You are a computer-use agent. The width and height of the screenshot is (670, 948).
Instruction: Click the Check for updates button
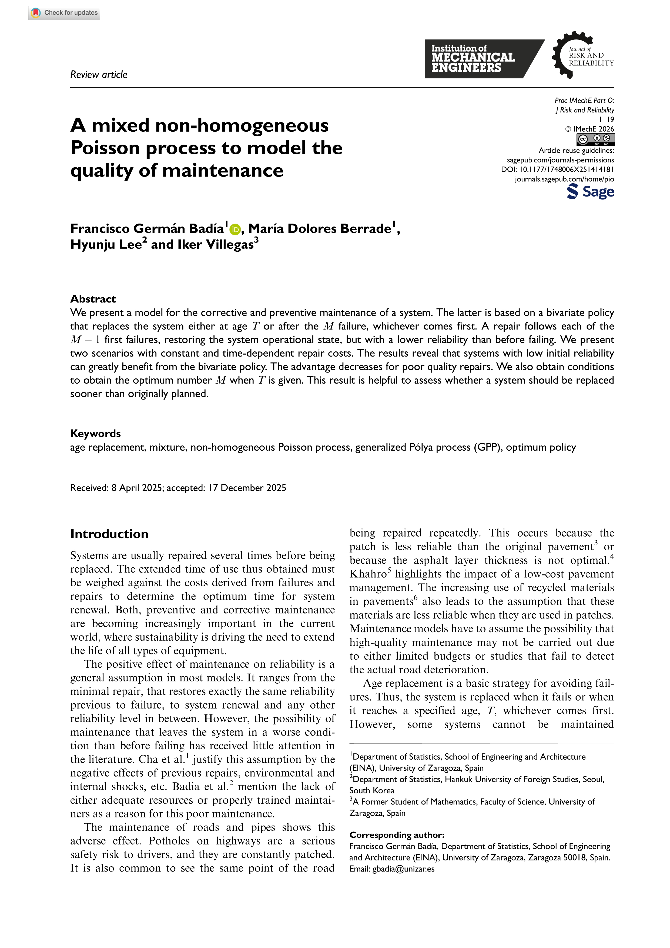pyautogui.click(x=64, y=13)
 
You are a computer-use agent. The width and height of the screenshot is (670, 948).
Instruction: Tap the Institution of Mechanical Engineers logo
pyautogui.click(x=478, y=59)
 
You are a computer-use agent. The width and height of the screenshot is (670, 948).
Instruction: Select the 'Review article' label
pyautogui.click(x=99, y=75)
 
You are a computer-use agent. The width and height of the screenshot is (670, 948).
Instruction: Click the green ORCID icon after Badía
pyautogui.click(x=235, y=229)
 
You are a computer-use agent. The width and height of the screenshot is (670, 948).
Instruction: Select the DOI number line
pyautogui.click(x=557, y=169)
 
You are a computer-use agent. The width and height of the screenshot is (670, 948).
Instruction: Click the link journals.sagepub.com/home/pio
pyautogui.click(x=564, y=179)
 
